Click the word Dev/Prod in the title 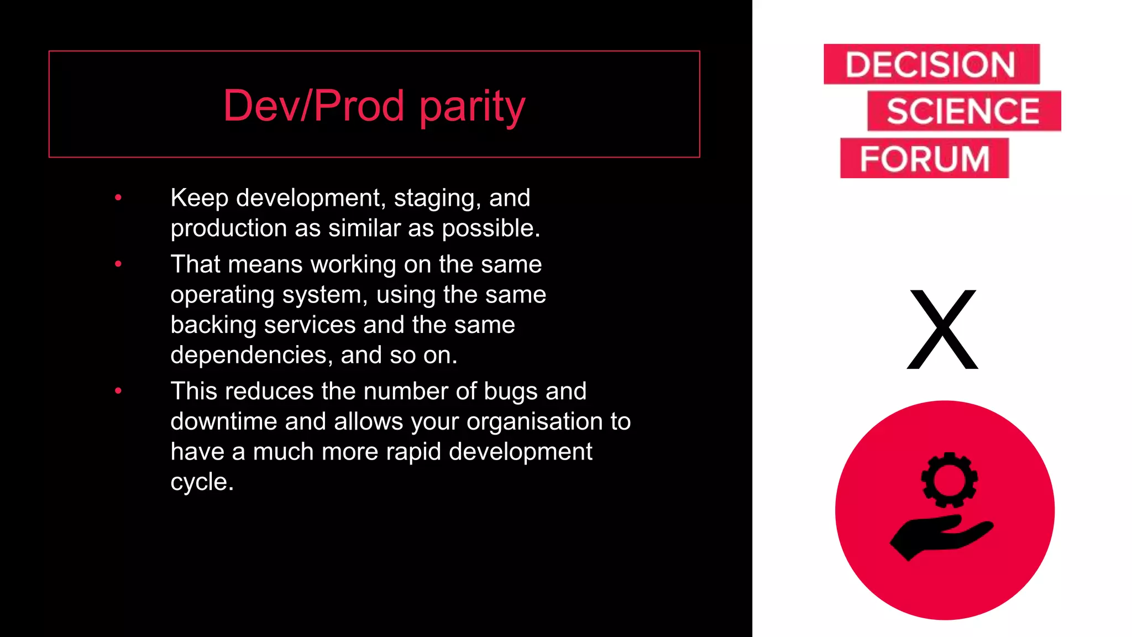point(314,105)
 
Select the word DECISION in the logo point(930,65)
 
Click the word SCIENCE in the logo point(963,111)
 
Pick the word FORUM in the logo point(924,159)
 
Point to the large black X point(943,330)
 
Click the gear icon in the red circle point(949,480)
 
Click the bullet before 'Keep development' point(118,197)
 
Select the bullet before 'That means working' point(118,264)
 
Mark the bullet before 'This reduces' point(118,391)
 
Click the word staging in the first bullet point(437,199)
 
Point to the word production point(228,228)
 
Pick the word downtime point(224,421)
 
